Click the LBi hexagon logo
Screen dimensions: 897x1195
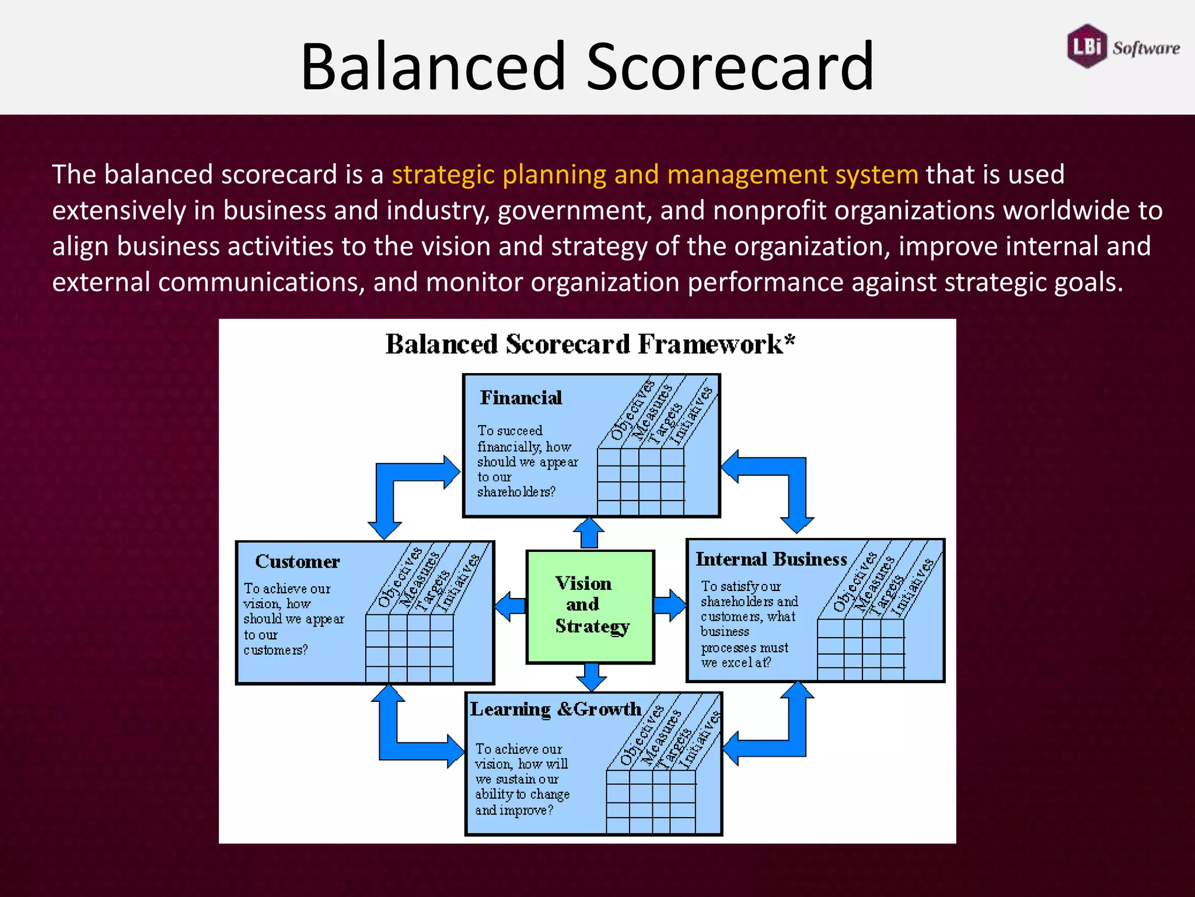(1086, 46)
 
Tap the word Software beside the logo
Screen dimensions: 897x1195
(1146, 48)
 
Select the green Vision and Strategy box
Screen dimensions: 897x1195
(590, 606)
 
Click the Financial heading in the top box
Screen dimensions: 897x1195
(521, 398)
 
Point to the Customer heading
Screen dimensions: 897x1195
(297, 562)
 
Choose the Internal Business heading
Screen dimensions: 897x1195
(771, 559)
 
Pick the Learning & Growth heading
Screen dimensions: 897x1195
(555, 709)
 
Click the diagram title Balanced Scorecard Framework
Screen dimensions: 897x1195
(589, 345)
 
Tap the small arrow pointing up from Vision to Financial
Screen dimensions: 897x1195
(589, 533)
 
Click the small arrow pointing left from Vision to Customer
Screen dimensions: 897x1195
(511, 607)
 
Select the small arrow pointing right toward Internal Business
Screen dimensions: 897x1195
(670, 606)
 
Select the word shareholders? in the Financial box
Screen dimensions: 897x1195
(516, 492)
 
